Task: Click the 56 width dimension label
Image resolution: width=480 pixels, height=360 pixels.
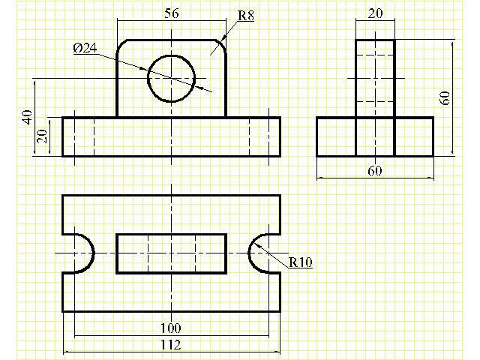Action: tap(172, 13)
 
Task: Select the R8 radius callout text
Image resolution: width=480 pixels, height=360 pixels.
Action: tap(246, 16)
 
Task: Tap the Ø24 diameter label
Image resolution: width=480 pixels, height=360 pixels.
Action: tap(85, 48)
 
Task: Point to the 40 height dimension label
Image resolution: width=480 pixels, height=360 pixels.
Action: tap(28, 117)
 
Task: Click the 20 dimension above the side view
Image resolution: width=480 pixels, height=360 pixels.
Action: tap(375, 13)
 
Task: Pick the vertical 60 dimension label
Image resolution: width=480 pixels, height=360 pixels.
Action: tap(445, 98)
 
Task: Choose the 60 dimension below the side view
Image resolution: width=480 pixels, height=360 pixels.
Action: tap(375, 170)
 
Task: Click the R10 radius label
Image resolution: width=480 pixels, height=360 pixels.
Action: tap(301, 262)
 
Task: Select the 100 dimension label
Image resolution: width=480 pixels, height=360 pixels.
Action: tap(171, 328)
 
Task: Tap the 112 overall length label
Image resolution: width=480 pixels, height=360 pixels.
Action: tap(171, 345)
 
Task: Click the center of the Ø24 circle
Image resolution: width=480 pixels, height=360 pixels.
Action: tap(172, 79)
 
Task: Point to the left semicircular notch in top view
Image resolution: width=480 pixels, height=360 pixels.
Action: tap(84, 253)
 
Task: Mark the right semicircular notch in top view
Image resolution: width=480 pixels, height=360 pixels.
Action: tap(259, 253)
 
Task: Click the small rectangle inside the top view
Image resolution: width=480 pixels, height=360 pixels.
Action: tap(172, 253)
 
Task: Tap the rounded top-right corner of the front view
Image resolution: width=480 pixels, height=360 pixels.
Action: tap(219, 46)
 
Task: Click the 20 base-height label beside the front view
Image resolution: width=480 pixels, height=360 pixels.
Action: tap(42, 136)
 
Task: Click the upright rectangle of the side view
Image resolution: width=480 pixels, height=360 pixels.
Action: tap(375, 79)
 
